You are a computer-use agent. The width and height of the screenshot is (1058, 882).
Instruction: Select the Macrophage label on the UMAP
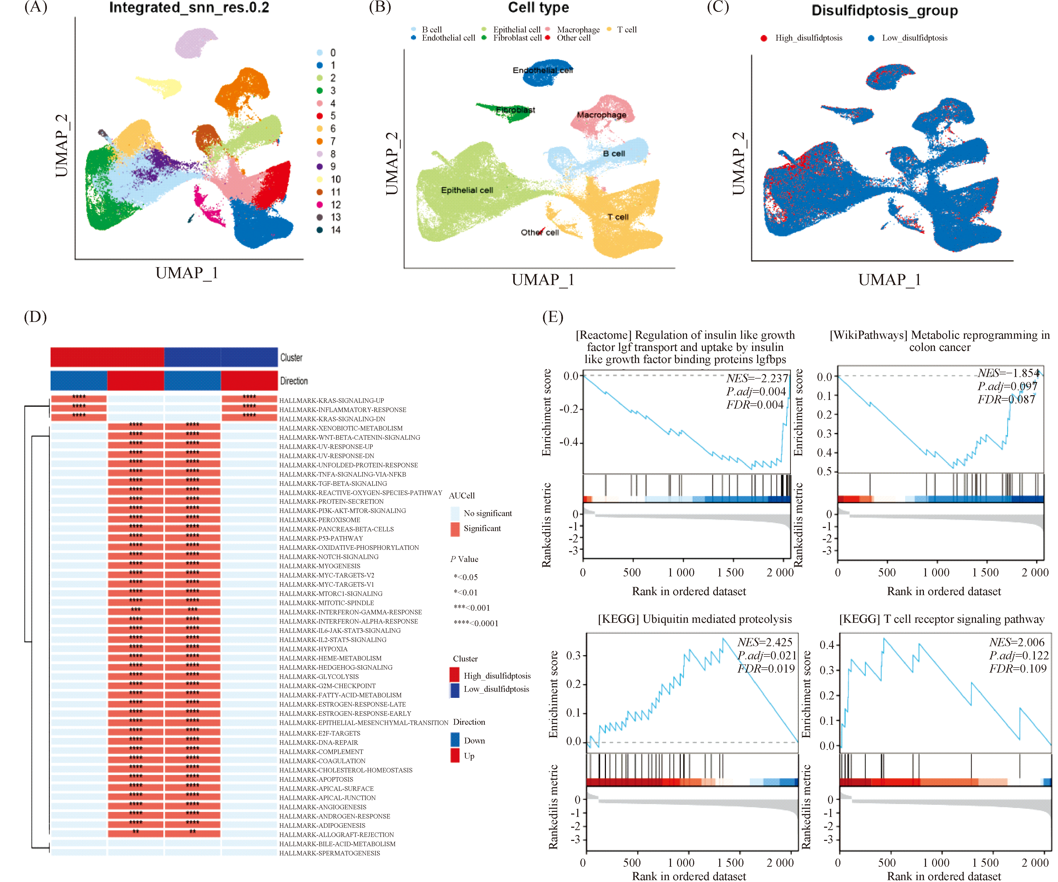(601, 115)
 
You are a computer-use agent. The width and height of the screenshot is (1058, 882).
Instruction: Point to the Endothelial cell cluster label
(543, 70)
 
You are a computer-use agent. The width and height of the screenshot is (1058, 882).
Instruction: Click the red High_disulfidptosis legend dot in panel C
(764, 38)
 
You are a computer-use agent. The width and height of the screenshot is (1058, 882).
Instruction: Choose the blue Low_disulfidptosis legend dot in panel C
(871, 38)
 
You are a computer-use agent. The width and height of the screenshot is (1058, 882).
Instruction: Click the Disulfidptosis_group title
(884, 11)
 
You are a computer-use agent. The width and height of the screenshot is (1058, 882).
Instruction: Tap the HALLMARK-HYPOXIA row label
(314, 649)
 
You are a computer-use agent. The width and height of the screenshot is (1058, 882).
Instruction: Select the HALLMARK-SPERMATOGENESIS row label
(330, 853)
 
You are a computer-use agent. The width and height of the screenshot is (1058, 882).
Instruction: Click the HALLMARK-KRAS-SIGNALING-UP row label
(331, 400)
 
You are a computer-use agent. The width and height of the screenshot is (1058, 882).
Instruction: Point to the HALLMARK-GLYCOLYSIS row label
(319, 677)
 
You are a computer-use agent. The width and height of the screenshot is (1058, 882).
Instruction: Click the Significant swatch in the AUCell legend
(455, 528)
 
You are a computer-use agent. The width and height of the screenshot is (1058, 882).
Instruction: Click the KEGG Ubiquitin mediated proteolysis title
(695, 619)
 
